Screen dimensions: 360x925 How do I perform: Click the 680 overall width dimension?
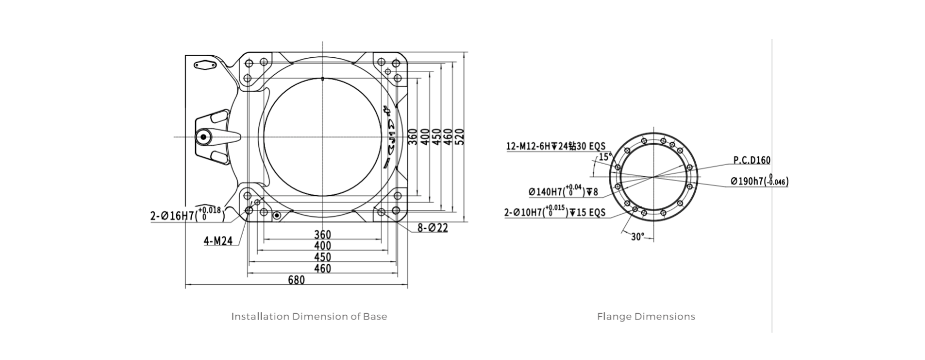click(296, 281)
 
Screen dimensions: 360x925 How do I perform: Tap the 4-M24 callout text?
click(218, 242)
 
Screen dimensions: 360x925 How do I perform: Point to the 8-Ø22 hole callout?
click(433, 228)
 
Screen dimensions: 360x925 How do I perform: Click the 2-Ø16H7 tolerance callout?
click(187, 215)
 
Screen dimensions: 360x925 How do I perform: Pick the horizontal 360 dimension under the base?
click(323, 234)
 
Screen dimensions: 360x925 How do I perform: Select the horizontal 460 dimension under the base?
click(323, 269)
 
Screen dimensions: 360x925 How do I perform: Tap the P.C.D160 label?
click(751, 160)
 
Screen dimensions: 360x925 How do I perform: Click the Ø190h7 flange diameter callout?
click(759, 182)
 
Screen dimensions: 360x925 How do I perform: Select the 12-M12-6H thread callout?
click(555, 146)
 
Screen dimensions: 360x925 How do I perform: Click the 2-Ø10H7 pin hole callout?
click(555, 213)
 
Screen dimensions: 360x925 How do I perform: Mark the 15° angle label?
click(605, 157)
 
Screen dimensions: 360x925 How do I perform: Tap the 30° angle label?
click(637, 237)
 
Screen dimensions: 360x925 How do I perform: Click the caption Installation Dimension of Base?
click(309, 316)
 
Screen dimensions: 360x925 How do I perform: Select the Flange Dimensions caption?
click(646, 316)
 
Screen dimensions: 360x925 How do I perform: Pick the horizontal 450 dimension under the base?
click(323, 257)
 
